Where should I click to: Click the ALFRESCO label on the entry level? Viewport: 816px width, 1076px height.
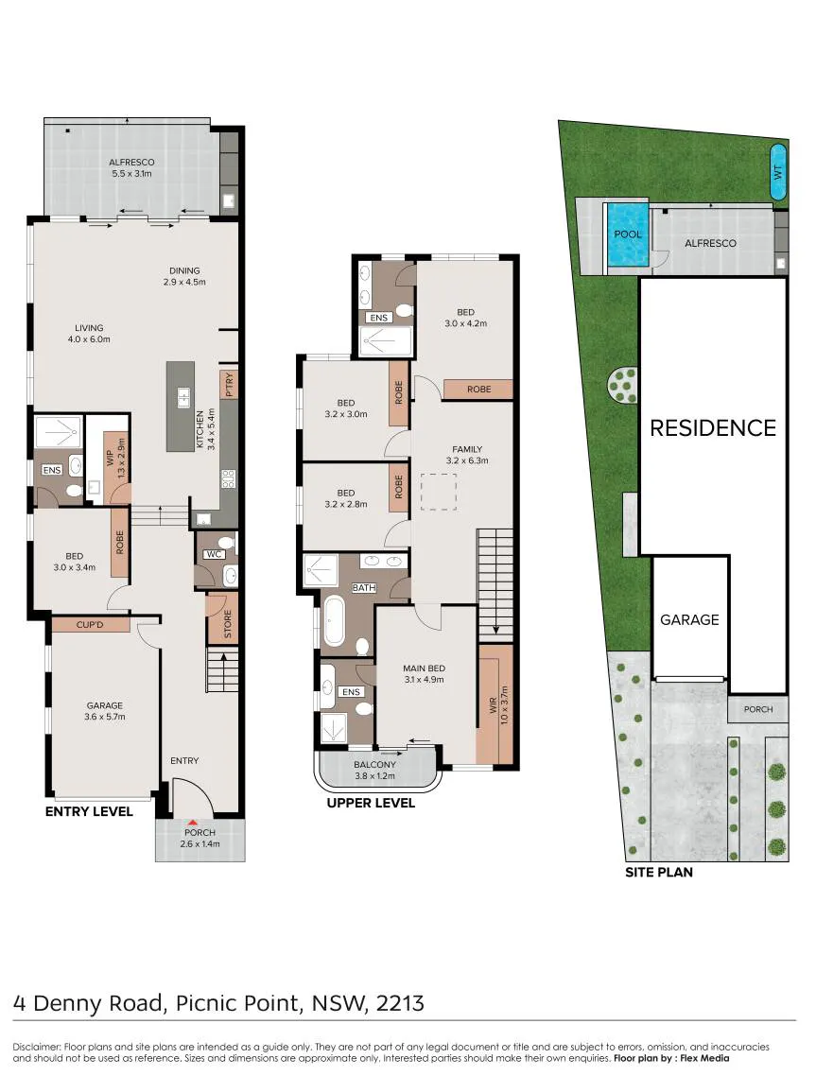(x=131, y=163)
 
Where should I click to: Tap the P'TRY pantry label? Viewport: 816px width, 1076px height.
(x=229, y=385)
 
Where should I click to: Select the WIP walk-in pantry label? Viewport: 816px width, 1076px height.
(x=111, y=458)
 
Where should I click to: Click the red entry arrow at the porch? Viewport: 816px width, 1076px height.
(x=194, y=822)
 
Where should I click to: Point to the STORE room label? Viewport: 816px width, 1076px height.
(x=228, y=624)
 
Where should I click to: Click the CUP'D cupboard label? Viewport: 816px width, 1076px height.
(x=90, y=625)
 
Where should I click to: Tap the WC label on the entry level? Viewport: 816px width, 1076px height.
(x=214, y=554)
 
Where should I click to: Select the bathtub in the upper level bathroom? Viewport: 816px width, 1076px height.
(x=334, y=621)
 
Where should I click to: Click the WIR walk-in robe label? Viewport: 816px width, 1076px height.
(x=493, y=706)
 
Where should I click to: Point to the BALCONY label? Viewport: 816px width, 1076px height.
(x=374, y=765)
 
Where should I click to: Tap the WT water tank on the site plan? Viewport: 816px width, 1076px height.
(x=778, y=172)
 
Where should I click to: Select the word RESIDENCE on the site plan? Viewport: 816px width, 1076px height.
(x=713, y=428)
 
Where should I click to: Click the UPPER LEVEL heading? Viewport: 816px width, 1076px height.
(x=371, y=803)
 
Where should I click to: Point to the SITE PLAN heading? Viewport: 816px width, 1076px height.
(x=659, y=872)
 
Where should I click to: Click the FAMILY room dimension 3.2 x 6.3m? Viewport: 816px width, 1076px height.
(x=467, y=460)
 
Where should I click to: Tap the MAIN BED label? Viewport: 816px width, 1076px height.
(x=425, y=668)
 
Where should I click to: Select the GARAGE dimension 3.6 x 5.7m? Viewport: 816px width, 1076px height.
(x=105, y=717)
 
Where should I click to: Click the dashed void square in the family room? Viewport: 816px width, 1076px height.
(x=439, y=492)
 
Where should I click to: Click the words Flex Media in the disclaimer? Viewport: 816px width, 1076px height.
(x=704, y=1058)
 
